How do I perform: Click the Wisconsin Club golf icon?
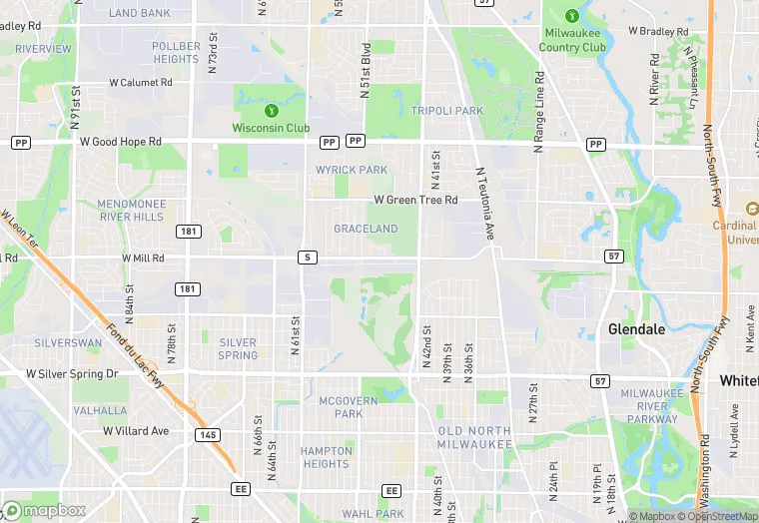click(x=271, y=109)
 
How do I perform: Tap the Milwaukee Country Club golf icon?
click(x=572, y=16)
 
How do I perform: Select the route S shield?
click(x=308, y=258)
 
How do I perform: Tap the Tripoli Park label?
click(x=447, y=111)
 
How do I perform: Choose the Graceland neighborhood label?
click(x=366, y=229)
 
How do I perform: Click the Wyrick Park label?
click(x=351, y=170)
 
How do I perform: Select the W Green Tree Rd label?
click(x=415, y=200)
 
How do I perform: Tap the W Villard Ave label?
click(x=136, y=431)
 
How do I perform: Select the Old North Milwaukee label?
click(x=474, y=437)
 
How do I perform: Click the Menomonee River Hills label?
click(x=130, y=210)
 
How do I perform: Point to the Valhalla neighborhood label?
click(x=100, y=410)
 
